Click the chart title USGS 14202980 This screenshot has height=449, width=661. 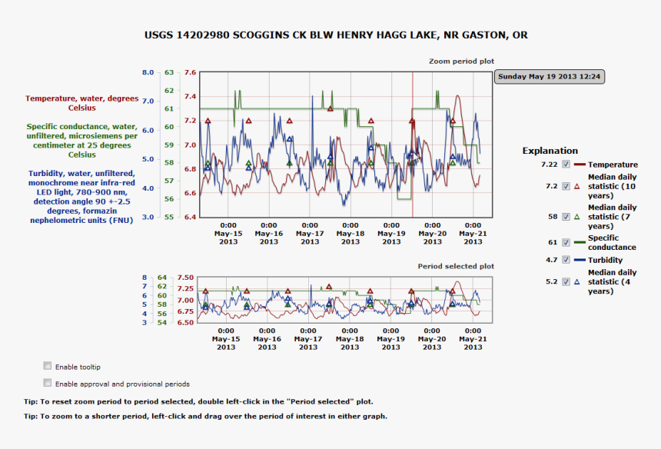336,35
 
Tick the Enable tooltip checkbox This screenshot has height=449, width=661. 48,366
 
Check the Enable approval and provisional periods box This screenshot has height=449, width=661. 48,383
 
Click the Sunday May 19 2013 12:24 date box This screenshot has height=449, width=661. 549,77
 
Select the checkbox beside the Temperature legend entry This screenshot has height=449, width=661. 566,165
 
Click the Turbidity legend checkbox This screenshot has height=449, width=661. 566,260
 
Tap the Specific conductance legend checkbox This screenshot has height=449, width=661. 566,242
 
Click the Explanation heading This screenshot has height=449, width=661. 550,151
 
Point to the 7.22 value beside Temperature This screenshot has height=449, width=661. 549,165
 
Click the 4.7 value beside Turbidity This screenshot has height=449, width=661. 551,260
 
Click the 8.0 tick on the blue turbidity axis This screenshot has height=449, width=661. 148,73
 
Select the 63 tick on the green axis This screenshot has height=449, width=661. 168,73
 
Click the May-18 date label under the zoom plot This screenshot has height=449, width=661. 350,234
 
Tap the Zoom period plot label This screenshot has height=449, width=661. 461,61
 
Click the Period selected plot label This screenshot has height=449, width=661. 456,266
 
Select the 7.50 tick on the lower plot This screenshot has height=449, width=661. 185,278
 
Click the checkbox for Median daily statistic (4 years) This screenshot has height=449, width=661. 566,281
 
